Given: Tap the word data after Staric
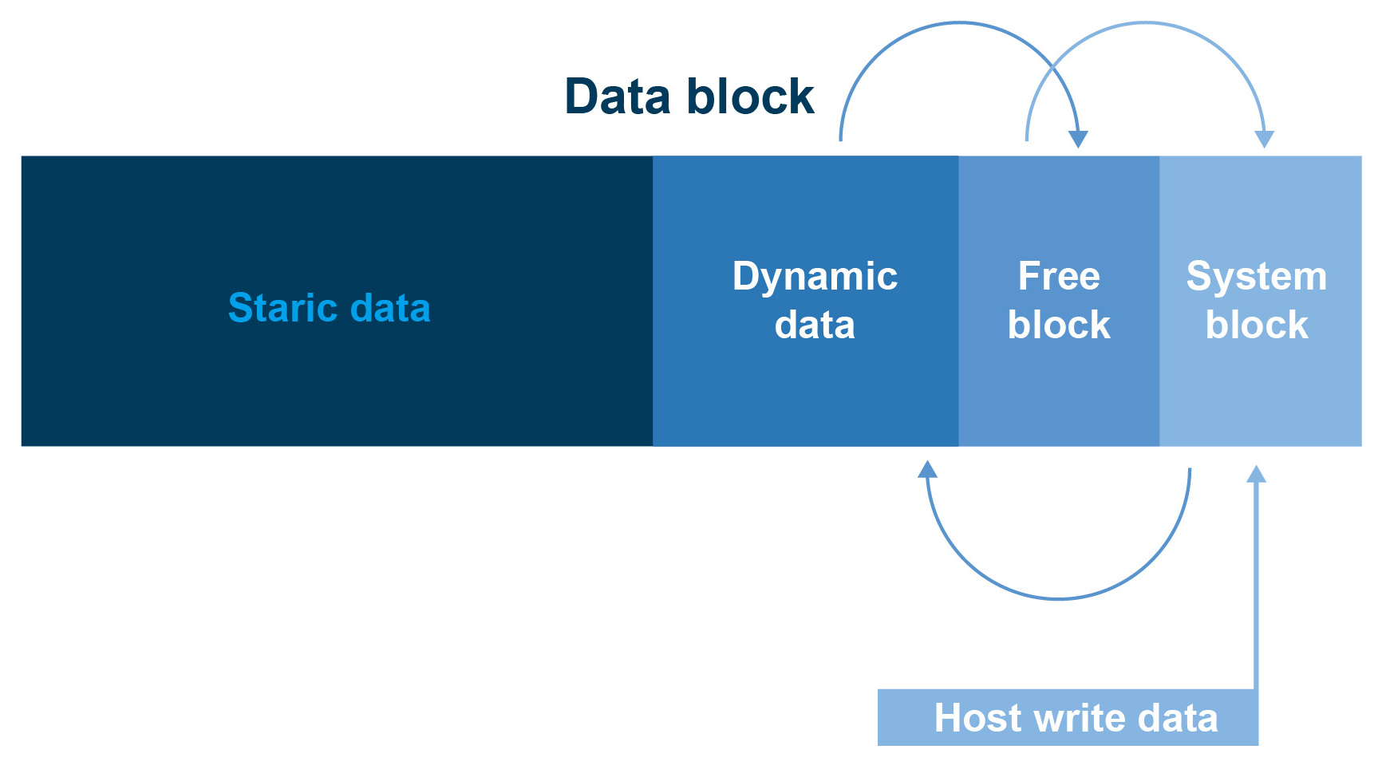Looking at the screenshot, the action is (390, 307).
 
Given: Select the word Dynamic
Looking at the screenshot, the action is (815, 278).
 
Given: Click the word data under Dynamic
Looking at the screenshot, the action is (815, 325).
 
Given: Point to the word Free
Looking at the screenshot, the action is (1059, 276).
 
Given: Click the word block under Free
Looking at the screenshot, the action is (1059, 325).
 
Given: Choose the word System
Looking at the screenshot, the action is (1257, 278).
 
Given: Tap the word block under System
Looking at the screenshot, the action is (1257, 325).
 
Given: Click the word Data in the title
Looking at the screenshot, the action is (618, 97).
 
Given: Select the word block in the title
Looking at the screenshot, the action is (750, 97).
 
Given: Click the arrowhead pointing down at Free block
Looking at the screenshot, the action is (1078, 139).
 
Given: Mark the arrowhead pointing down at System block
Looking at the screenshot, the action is (1264, 139).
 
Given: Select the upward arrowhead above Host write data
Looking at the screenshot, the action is (1256, 474).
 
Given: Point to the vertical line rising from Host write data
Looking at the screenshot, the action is (1256, 586).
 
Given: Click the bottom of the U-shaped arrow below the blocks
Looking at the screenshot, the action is (1058, 598).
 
